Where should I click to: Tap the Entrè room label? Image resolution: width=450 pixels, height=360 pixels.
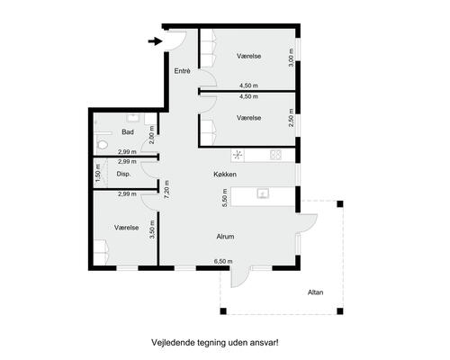(x=182, y=70)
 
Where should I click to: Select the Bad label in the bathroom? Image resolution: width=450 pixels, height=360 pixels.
(x=129, y=131)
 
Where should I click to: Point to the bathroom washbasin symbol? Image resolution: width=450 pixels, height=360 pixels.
(x=133, y=116)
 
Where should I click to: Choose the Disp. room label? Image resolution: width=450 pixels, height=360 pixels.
(x=124, y=174)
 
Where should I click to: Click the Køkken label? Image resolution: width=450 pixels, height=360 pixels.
(x=225, y=174)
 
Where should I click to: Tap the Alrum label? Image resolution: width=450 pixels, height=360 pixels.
(x=225, y=237)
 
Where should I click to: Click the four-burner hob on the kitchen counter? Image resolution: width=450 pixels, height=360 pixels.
(x=276, y=154)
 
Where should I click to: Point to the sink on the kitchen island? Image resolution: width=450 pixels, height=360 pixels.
(x=263, y=193)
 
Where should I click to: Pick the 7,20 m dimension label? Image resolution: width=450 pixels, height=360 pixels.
(x=166, y=188)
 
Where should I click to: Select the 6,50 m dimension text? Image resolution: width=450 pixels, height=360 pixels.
(x=222, y=261)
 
